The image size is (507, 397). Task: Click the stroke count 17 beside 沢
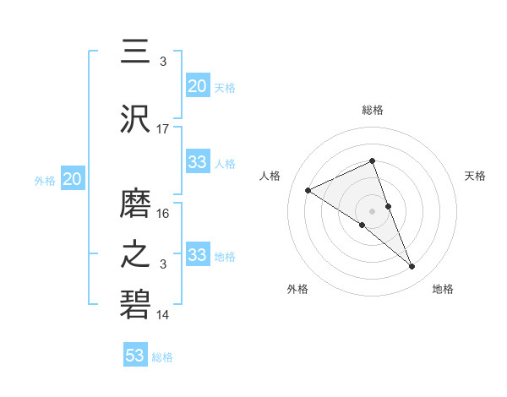point(163,129)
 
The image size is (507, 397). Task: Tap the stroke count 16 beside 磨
point(163,214)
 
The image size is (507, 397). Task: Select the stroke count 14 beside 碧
point(163,315)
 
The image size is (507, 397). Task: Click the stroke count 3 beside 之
point(163,264)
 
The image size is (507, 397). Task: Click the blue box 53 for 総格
point(135,356)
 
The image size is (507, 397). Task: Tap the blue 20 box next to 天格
point(198,86)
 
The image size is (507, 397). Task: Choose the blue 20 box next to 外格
point(72,179)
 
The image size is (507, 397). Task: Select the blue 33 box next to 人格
point(198,162)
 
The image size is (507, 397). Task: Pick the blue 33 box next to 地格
point(198,255)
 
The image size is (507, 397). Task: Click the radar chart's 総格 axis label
point(373,110)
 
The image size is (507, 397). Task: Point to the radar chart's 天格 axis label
point(475,176)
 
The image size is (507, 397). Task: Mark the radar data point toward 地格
point(412,267)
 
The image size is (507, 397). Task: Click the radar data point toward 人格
point(308,191)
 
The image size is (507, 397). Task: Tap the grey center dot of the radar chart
point(373,210)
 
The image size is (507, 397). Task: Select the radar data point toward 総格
point(373,161)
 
